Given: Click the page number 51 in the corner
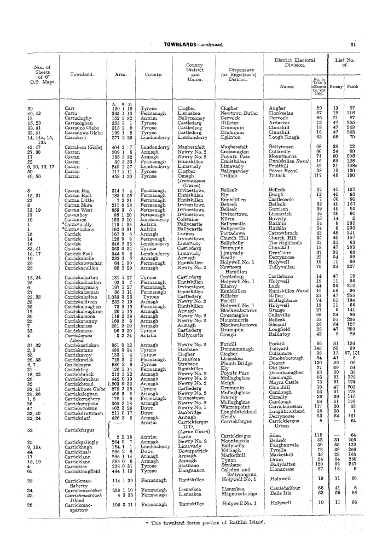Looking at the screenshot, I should pyautogui.click(x=369, y=44).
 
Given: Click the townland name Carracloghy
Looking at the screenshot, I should pyautogui.click(x=80, y=118).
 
